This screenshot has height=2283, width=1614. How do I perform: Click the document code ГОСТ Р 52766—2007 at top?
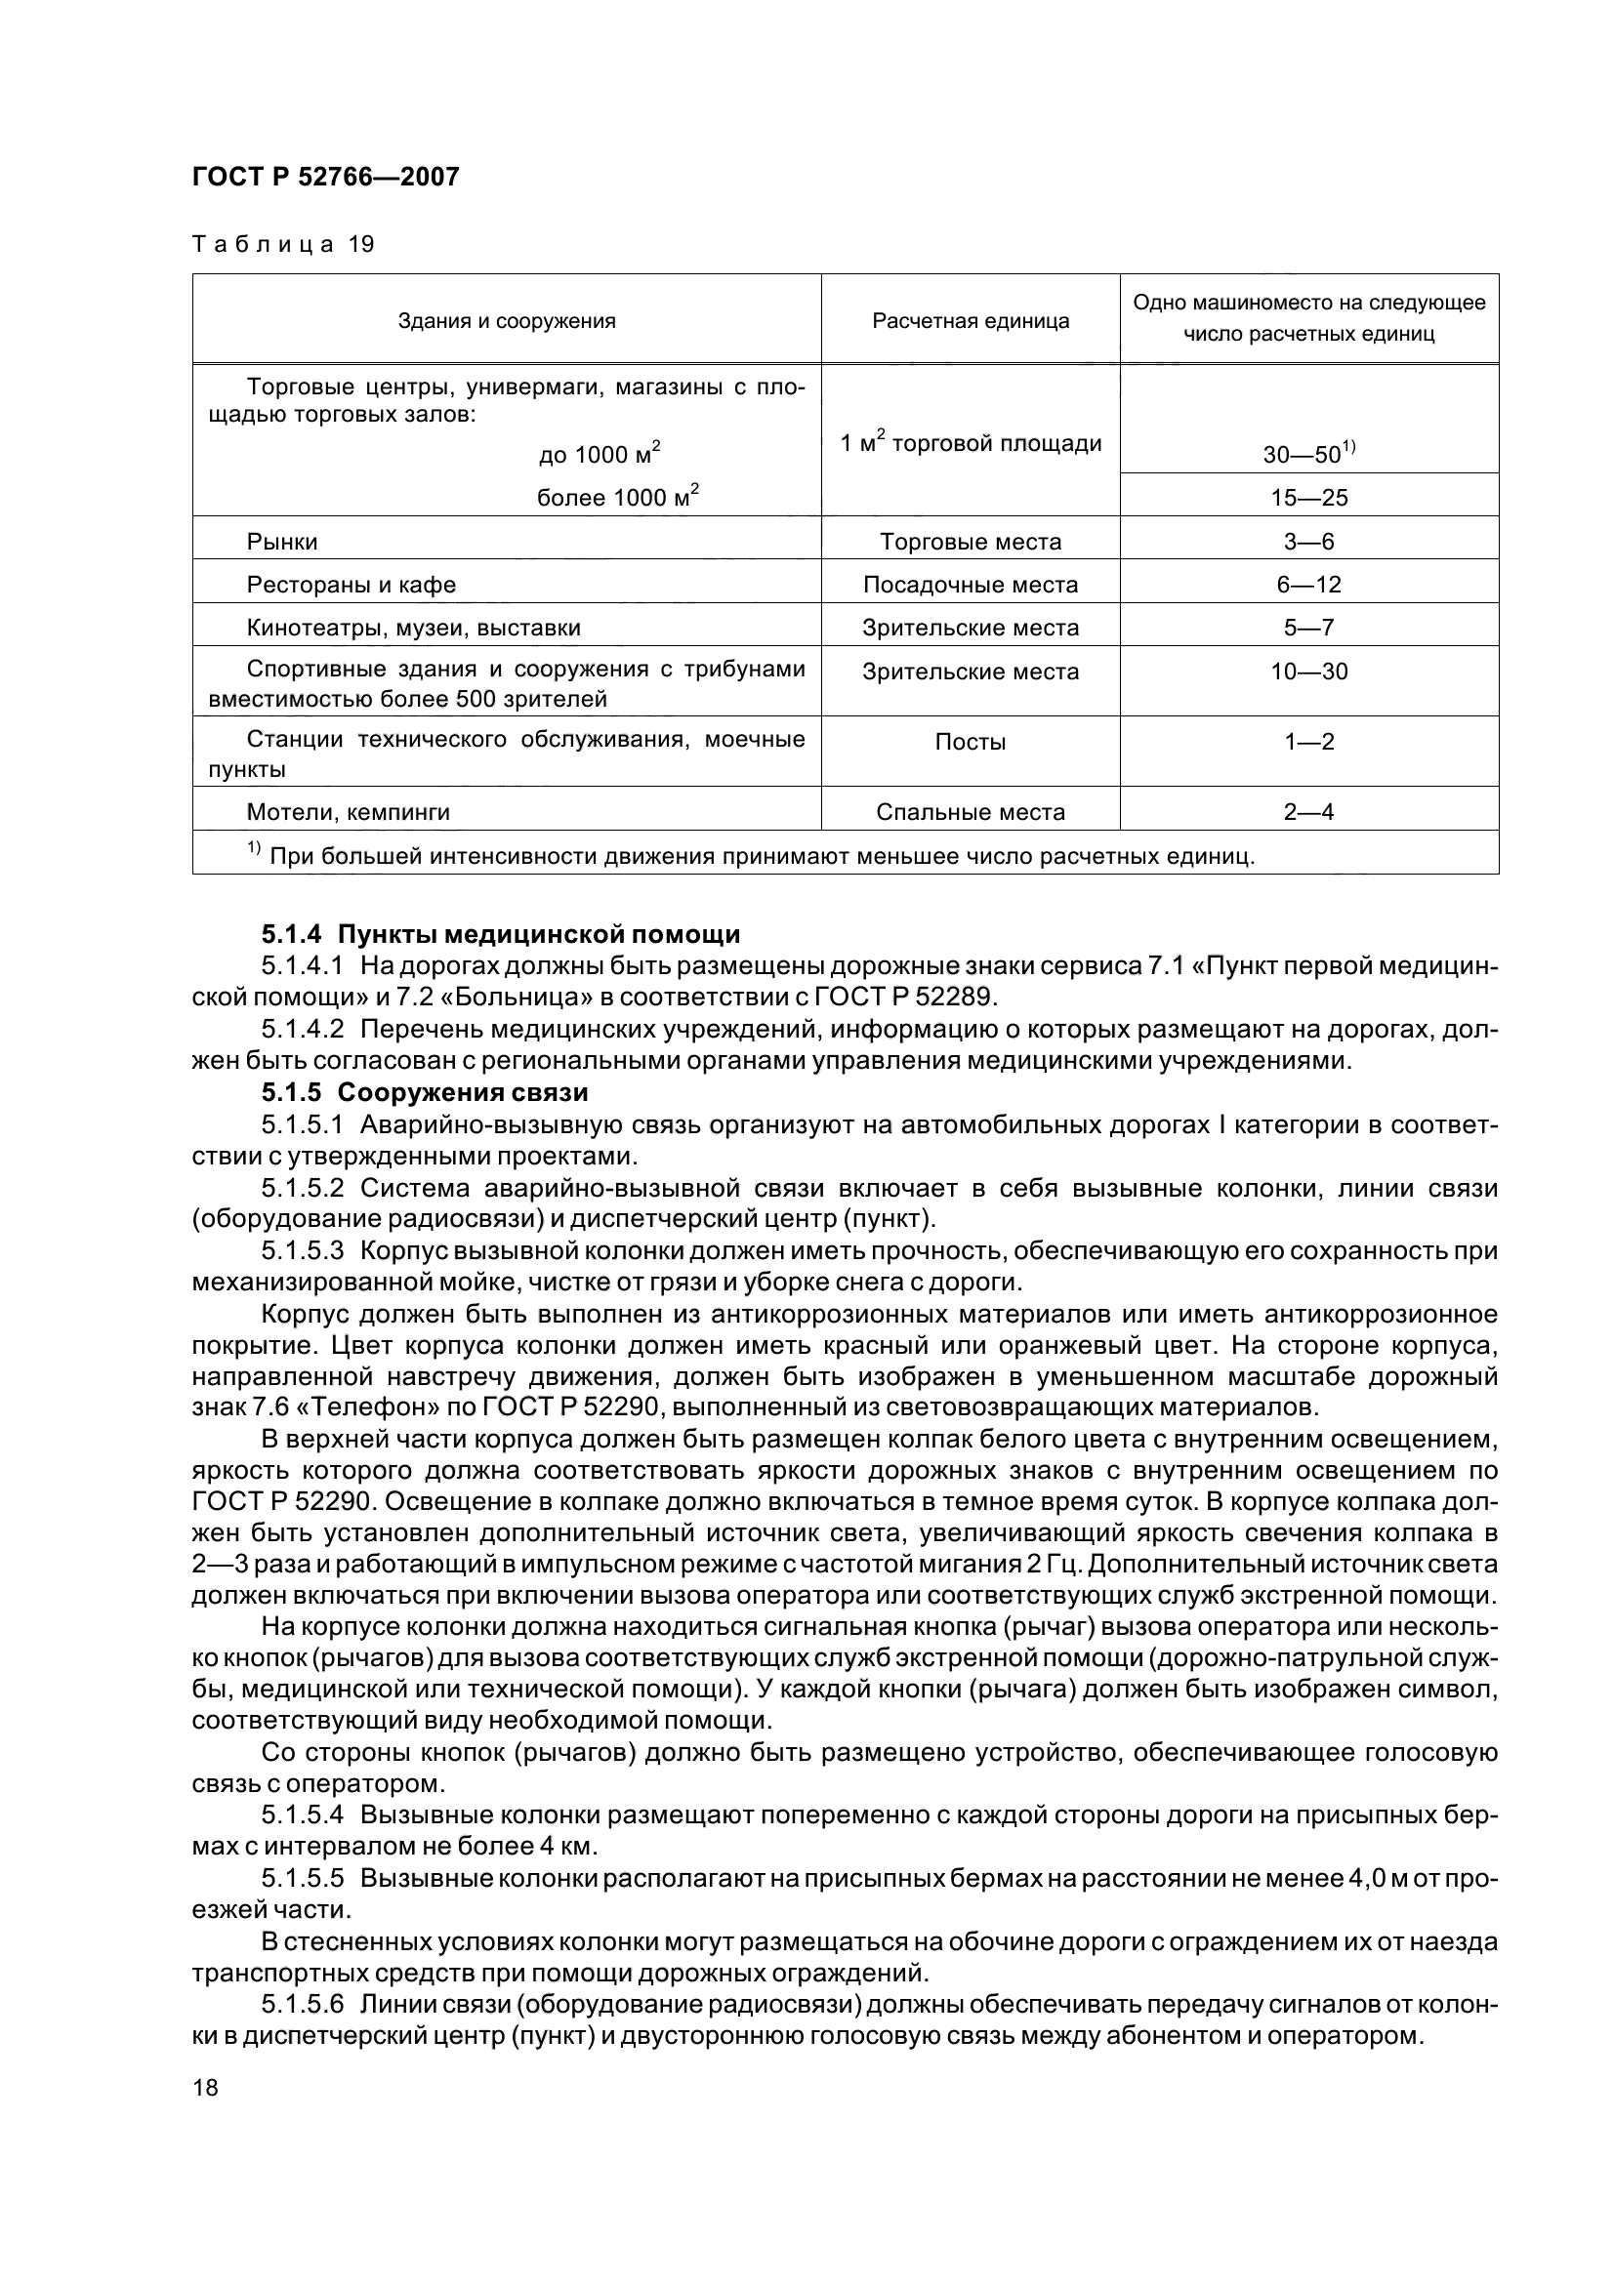[325, 177]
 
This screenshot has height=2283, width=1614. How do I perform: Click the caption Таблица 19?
[282, 244]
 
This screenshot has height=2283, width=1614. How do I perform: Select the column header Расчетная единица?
[970, 320]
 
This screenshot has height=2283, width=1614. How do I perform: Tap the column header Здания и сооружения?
[506, 320]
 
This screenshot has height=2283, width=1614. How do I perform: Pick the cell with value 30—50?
[1307, 455]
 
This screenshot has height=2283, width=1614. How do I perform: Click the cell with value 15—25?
[1307, 497]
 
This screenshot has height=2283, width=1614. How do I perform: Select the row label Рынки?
[281, 542]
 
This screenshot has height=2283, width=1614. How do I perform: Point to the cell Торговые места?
[970, 542]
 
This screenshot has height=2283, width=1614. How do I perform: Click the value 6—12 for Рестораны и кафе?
[1307, 585]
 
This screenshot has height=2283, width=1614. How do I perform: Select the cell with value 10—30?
[1307, 673]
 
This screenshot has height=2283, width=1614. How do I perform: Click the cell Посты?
[970, 742]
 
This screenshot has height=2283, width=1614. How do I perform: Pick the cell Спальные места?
[970, 812]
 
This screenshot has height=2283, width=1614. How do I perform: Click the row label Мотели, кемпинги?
[348, 812]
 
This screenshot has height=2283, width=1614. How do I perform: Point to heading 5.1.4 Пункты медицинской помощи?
[500, 934]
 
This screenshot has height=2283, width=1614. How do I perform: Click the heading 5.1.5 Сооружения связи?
[425, 1092]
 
